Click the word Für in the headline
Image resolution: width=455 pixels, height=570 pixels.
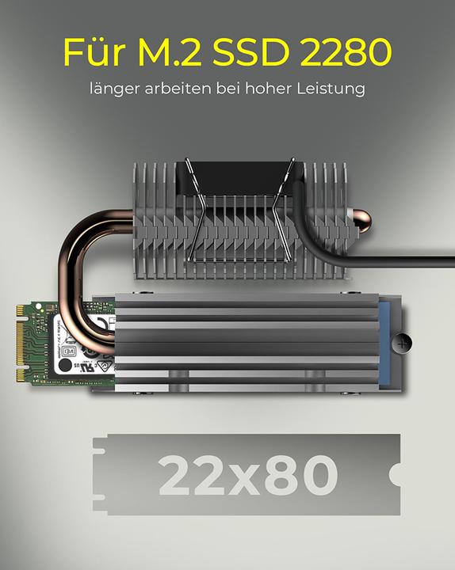coord(96,51)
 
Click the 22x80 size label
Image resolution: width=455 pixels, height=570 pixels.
coord(248,475)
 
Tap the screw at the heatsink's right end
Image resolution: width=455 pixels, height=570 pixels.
coord(405,343)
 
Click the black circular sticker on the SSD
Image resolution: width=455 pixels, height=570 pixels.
coord(64,367)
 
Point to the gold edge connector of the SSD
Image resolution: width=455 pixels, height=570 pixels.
coord(20,341)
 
